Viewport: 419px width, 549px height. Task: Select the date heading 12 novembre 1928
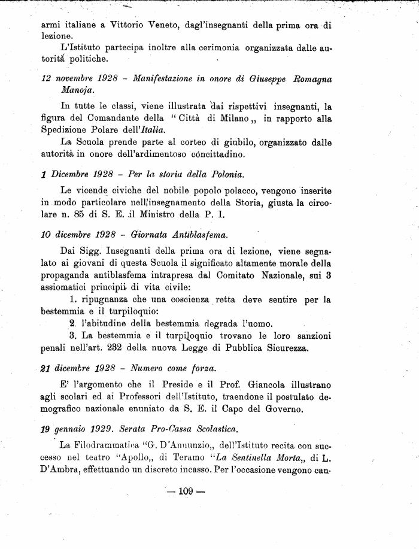80,79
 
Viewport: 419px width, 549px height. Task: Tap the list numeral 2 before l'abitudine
72,323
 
